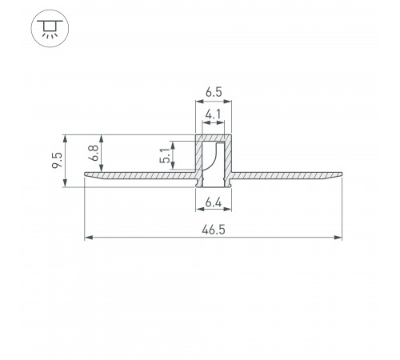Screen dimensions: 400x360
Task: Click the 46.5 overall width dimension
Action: coord(214,230)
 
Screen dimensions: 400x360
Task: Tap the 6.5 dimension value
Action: coord(214,92)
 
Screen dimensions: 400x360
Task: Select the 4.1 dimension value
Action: coord(214,114)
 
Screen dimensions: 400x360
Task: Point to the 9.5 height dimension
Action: coord(57,160)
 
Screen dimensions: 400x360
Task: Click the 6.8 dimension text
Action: coord(94,153)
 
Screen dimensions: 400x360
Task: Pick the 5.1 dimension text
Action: coord(165,155)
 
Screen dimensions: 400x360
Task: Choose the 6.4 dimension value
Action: coord(214,203)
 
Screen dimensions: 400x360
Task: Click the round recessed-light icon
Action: coord(50,29)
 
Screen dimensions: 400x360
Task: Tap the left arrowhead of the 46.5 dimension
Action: coord(89,238)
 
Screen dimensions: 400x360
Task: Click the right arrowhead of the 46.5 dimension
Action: coord(338,238)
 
